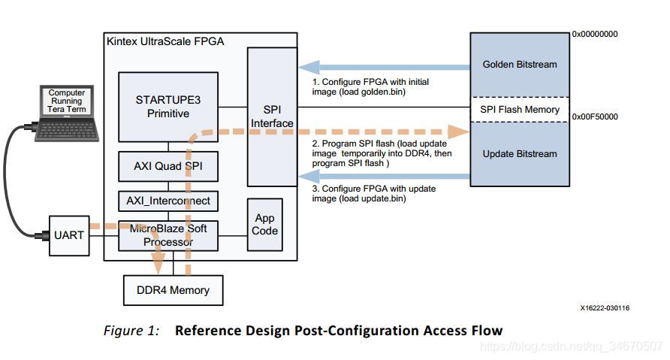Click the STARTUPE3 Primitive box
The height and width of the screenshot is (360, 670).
(168, 107)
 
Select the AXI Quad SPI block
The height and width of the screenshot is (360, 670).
(168, 166)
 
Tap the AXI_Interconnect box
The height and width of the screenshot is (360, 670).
(168, 201)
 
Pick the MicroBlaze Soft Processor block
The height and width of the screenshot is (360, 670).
(168, 235)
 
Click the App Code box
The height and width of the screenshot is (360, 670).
(265, 225)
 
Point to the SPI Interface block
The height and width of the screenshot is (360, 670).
(272, 116)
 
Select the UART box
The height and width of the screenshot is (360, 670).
(69, 235)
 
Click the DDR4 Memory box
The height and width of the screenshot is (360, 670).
(173, 290)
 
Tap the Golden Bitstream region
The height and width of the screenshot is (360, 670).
(520, 65)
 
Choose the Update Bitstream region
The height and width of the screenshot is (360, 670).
(520, 154)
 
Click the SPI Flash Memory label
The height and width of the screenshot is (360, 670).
(520, 110)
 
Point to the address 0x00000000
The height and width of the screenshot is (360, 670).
(595, 35)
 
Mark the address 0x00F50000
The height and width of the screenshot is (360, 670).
(595, 116)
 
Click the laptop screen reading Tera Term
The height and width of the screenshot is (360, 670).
(67, 101)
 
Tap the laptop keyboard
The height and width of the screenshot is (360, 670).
(67, 131)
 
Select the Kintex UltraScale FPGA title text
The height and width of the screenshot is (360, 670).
(165, 41)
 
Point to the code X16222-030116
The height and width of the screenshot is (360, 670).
(605, 308)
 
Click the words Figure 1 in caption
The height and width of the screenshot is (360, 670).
(131, 331)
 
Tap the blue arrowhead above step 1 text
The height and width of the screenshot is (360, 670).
(309, 67)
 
